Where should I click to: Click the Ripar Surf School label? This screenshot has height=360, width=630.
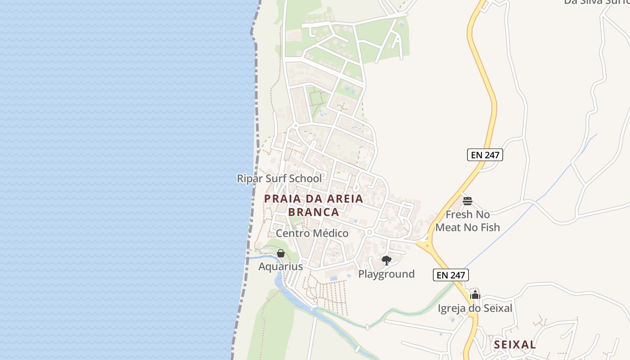279,179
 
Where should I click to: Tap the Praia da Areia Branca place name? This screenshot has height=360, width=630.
314,205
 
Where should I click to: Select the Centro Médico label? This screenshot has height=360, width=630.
312,234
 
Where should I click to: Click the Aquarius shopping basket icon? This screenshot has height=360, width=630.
281,253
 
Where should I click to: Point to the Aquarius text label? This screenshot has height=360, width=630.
280,266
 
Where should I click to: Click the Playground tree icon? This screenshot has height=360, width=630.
386,260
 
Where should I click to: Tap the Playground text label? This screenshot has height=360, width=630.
386,274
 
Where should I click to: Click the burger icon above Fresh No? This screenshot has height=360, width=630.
468,201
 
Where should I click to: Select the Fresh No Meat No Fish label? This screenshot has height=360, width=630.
468,221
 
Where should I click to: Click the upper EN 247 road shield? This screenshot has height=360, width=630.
485,155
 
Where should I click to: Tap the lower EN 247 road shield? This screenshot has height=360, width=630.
451,274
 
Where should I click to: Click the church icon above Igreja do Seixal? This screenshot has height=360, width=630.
475,295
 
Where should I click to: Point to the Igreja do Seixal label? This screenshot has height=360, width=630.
475,309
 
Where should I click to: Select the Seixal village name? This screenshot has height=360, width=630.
515,345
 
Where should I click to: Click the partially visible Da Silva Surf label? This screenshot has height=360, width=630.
597,2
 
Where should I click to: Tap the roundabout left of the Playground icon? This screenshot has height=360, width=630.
369,232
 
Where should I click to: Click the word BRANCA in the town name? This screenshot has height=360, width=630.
314,212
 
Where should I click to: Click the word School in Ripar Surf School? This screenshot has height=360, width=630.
306,179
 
